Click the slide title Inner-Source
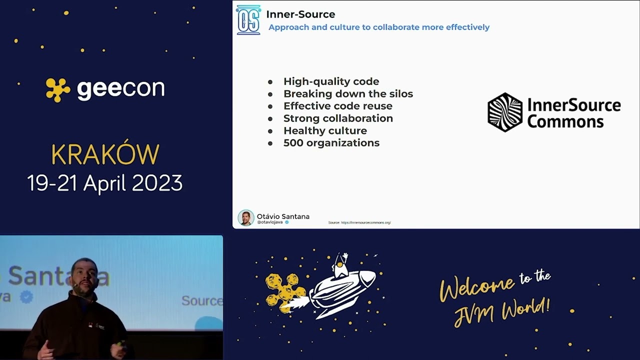(x=300, y=14)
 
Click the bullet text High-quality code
(x=331, y=81)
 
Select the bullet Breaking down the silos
(x=348, y=94)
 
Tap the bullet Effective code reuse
(x=337, y=106)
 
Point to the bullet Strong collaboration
(x=338, y=118)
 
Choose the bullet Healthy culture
(x=325, y=130)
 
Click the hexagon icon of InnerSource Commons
(x=505, y=112)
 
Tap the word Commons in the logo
(x=565, y=121)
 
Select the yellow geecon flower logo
(x=58, y=90)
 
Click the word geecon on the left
(x=120, y=89)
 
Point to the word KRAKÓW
(x=105, y=154)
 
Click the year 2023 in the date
(x=158, y=183)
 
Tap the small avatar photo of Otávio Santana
(x=245, y=218)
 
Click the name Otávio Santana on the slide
(x=283, y=216)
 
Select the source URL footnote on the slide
(x=359, y=222)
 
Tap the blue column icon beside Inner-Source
(x=248, y=20)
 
